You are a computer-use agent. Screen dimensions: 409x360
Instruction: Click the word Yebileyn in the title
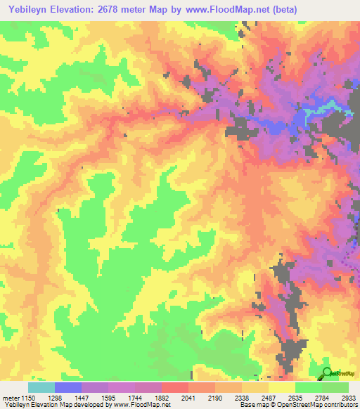(26, 10)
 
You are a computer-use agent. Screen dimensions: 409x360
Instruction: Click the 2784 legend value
(321, 397)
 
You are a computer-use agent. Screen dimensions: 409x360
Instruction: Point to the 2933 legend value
(348, 397)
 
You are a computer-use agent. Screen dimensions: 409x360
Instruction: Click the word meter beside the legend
(11, 397)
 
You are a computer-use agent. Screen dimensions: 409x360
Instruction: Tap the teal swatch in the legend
(41, 387)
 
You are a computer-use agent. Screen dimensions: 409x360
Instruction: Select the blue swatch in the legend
(68, 387)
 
